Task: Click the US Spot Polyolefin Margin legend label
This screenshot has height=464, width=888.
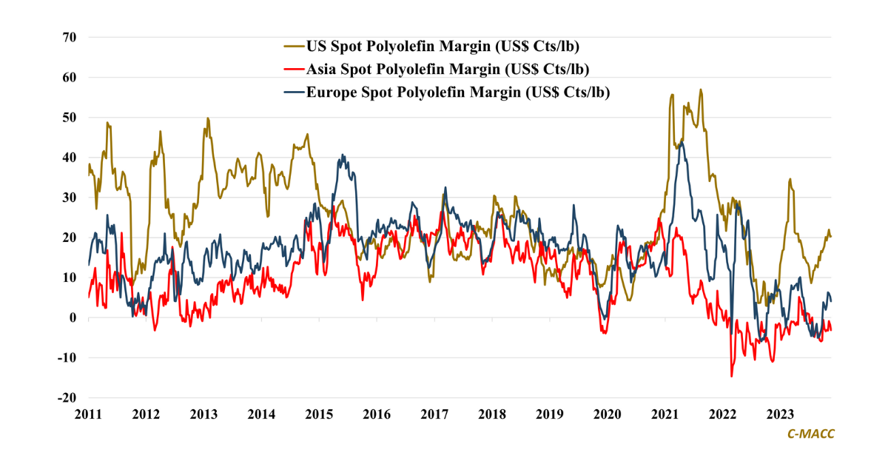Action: pyautogui.click(x=443, y=47)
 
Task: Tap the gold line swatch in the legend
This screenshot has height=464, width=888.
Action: pyautogui.click(x=294, y=47)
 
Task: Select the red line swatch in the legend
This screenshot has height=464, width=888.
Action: pyautogui.click(x=294, y=70)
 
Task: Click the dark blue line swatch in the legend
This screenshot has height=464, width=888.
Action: pyautogui.click(x=294, y=93)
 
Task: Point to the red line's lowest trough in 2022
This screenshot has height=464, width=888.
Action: pyautogui.click(x=732, y=377)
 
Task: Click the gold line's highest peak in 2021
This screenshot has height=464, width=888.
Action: pyautogui.click(x=700, y=90)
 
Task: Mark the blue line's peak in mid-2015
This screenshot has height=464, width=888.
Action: pyautogui.click(x=342, y=155)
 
